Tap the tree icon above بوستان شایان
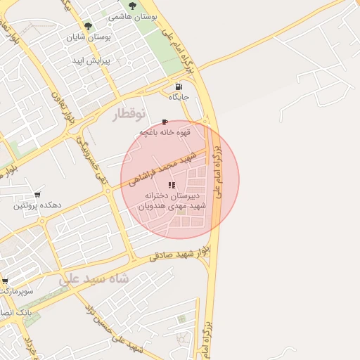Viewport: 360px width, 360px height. click(89, 27)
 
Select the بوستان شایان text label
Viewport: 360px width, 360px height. click(89, 37)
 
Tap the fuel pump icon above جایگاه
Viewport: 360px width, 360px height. click(178, 86)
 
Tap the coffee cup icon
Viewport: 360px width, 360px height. click(165, 122)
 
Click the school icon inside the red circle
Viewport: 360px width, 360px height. click(172, 185)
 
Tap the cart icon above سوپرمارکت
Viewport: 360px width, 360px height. click(4, 280)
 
